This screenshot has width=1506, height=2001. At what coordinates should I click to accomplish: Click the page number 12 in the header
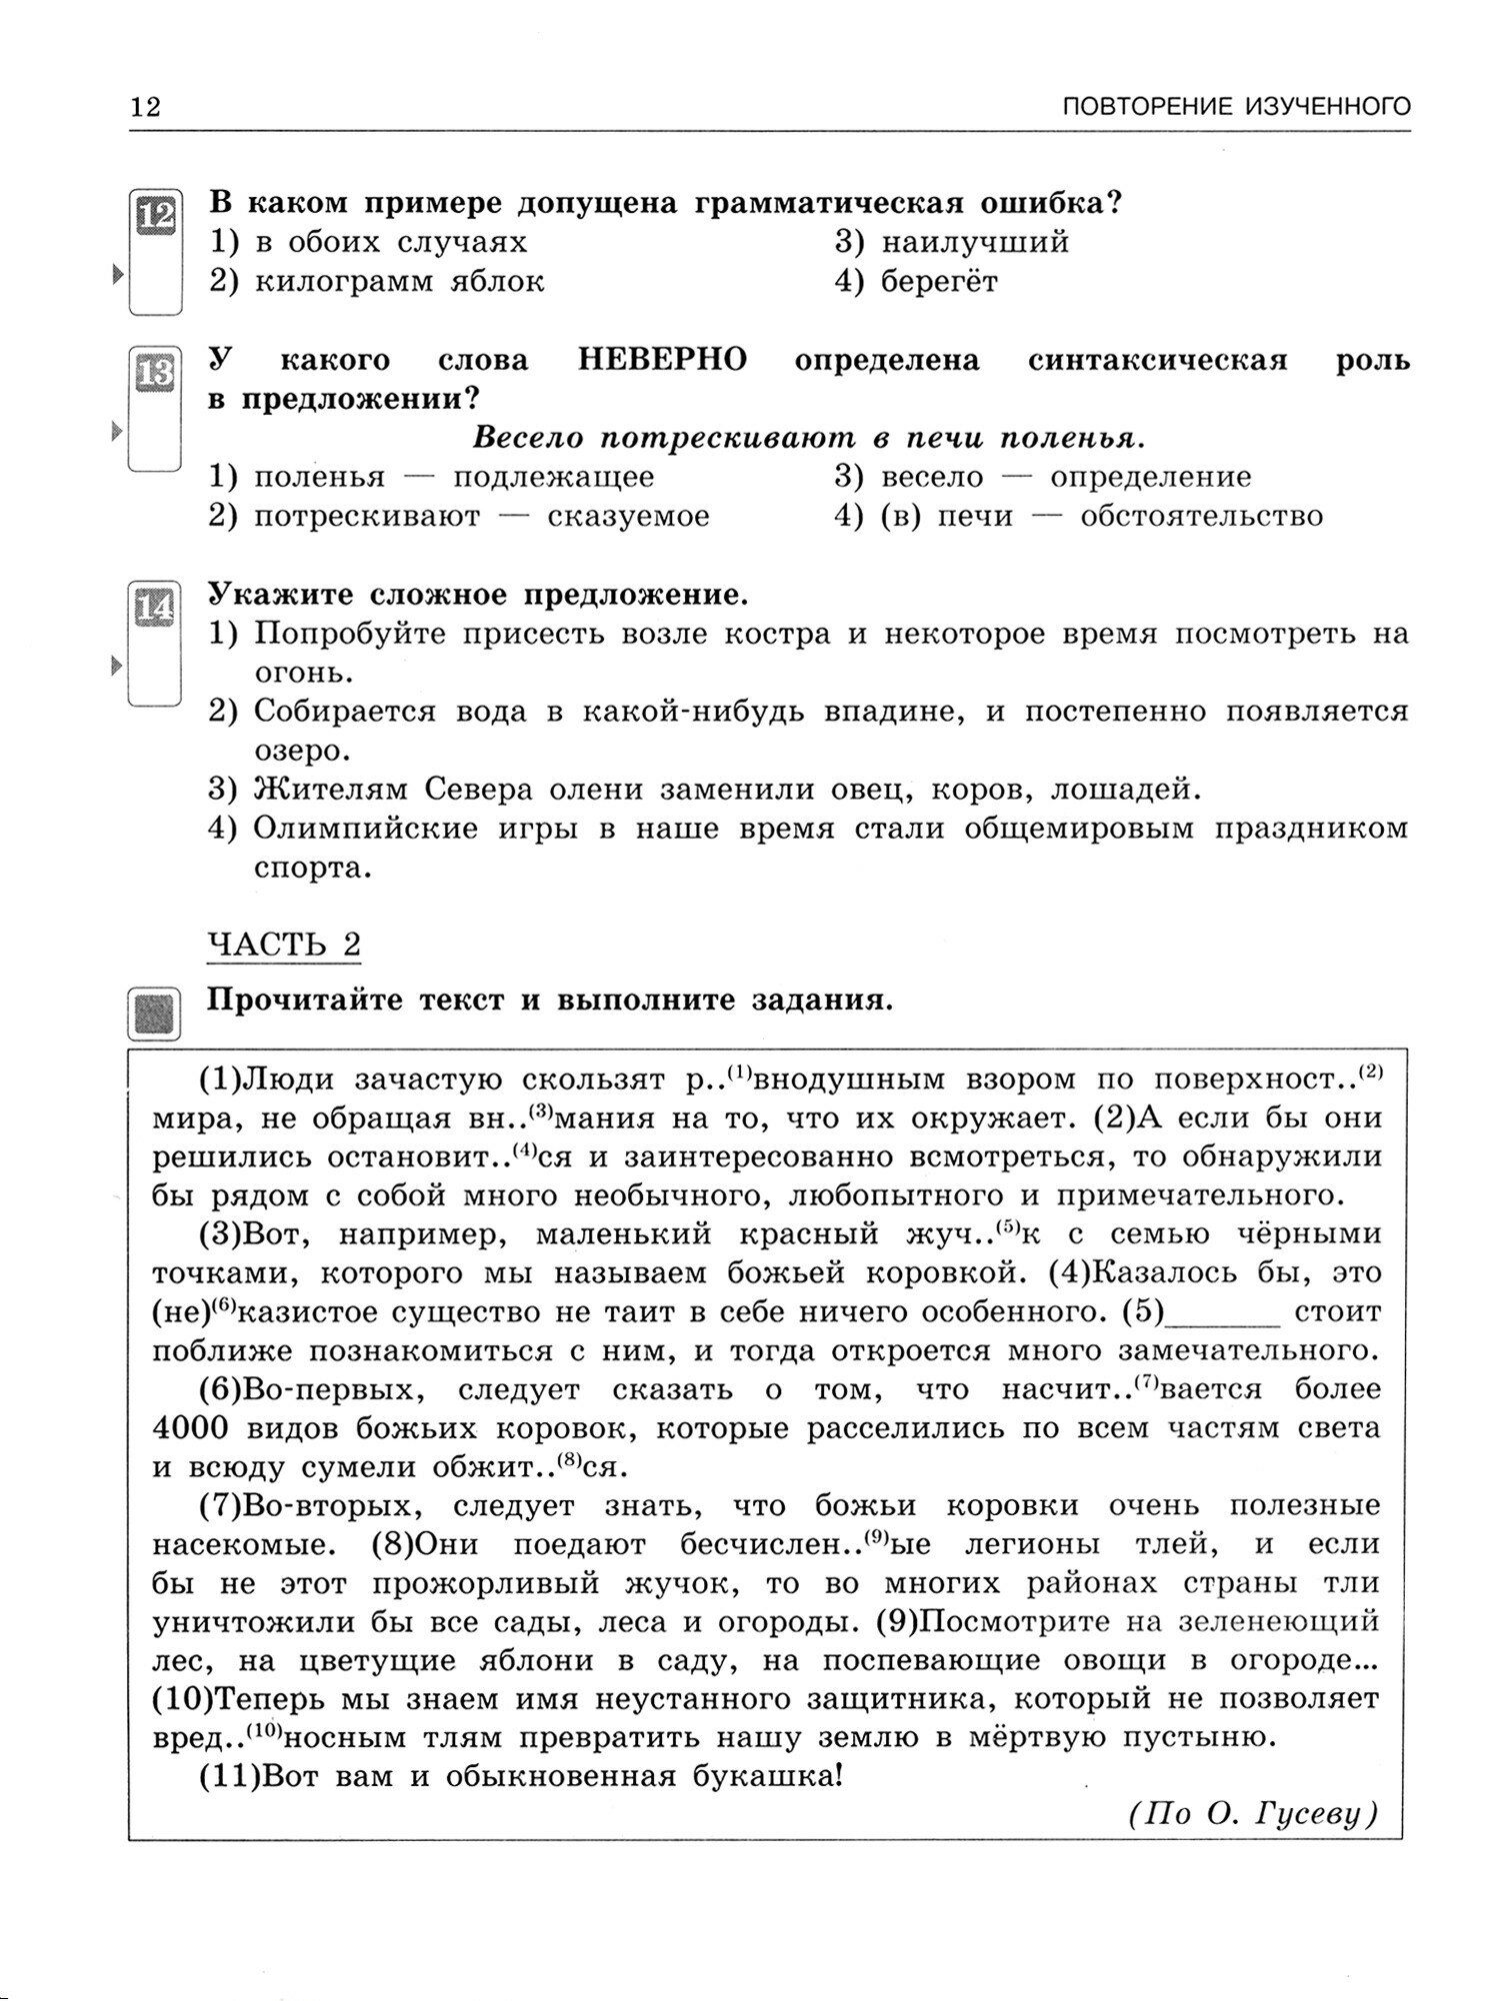pos(145,106)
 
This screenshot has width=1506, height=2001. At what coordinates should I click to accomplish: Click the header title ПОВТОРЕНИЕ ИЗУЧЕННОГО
pos(1236,106)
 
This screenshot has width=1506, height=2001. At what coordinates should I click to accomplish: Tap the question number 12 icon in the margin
pos(156,215)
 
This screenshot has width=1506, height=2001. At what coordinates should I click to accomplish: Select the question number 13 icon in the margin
pos(156,373)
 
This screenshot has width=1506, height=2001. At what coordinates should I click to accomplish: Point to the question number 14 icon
pos(156,606)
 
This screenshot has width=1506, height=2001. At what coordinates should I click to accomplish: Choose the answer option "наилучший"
pos(975,242)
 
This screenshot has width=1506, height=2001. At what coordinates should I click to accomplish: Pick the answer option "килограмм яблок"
pos(400,282)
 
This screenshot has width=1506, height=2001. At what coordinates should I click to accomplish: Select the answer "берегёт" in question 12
pos(939,282)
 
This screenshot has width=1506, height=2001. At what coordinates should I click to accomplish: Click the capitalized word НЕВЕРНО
pos(663,360)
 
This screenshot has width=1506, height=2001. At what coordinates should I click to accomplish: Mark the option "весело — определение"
pos(1065,477)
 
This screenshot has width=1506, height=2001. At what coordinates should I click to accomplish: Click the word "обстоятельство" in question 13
pos(1202,517)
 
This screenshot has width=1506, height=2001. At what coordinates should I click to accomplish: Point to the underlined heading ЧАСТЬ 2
pos(283,944)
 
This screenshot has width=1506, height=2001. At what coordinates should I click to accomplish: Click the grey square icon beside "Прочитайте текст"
pos(156,1012)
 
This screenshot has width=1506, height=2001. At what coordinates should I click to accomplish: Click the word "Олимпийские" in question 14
pos(366,829)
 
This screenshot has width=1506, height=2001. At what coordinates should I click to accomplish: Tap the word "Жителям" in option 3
pos(329,790)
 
